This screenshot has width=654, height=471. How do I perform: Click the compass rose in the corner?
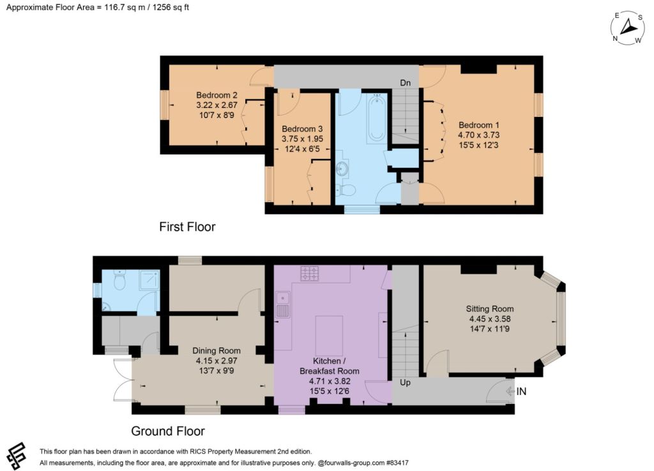click(627, 28)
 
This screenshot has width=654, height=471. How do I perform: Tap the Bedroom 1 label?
click(478, 125)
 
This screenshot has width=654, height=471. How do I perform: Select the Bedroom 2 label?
click(217, 95)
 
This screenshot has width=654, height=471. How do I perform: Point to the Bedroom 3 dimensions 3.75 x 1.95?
click(302, 138)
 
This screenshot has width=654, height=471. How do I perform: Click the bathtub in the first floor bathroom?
click(377, 118)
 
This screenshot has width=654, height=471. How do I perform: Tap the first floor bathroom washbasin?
click(343, 168)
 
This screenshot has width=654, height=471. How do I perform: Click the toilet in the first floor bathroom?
click(346, 190)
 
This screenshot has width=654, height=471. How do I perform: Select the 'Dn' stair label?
click(405, 82)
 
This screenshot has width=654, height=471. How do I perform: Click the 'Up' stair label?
click(405, 382)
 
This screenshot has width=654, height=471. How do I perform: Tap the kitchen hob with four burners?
click(309, 273)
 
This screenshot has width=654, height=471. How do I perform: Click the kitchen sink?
click(283, 305)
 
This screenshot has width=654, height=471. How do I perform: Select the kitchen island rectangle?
click(329, 335)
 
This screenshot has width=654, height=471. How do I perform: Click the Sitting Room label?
click(490, 309)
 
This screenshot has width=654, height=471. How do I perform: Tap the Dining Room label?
click(216, 350)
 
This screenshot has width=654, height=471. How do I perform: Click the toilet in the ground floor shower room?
click(119, 280)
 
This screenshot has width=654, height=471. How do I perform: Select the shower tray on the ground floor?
click(149, 280)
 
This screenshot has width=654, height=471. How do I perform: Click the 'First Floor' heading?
click(187, 227)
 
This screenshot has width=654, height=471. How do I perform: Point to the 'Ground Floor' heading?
click(168, 431)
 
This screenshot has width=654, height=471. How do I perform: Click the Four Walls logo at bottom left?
click(16, 456)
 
